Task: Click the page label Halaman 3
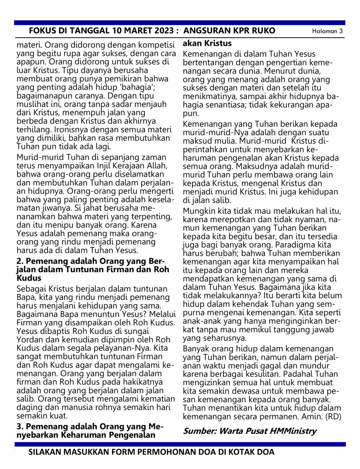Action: [327, 31]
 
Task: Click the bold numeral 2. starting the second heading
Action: [20, 261]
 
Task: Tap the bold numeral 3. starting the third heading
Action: [20, 427]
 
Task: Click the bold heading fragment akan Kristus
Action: [207, 43]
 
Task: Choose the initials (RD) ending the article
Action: [333, 417]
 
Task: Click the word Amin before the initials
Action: [312, 417]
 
